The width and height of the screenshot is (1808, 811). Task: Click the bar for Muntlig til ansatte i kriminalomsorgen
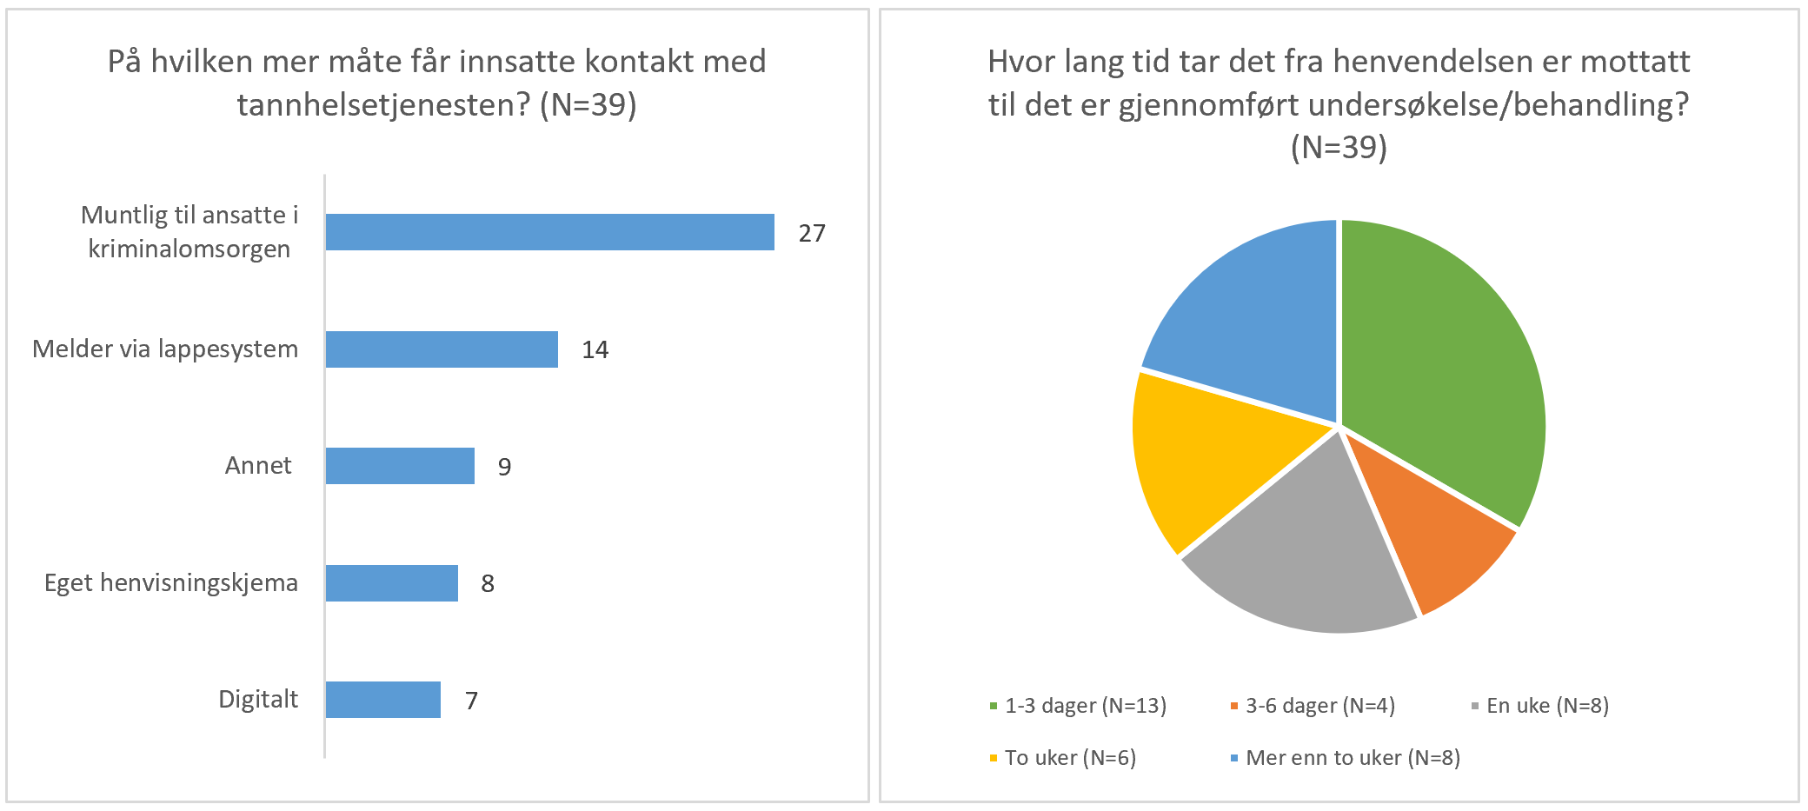pos(549,232)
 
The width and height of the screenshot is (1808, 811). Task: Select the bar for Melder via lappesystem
pos(442,349)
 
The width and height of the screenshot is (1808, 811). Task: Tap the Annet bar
pos(400,466)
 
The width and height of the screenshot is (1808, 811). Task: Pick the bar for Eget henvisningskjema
pos(391,583)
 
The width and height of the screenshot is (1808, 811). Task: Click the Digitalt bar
pos(382,700)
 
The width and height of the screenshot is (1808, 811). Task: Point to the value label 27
pos(812,233)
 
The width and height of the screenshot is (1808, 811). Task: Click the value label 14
pos(595,349)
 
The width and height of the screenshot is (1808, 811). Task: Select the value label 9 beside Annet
pos(504,467)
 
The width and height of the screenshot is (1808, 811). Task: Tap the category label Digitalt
pos(258,699)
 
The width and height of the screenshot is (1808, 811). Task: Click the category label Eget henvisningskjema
pos(171,582)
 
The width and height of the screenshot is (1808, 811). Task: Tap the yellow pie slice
pos(1204,456)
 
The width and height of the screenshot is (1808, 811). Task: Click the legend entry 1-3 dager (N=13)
pos(1085,705)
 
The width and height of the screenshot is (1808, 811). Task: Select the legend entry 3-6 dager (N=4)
pos(1319,705)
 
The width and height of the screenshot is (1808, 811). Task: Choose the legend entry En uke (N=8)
pos(1547,705)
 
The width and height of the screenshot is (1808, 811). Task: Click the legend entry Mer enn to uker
pos(1353,757)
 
